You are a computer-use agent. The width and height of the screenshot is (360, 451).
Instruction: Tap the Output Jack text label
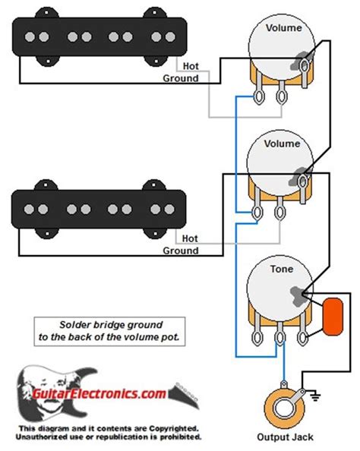[286, 437]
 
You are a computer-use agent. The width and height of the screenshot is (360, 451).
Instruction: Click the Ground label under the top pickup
[181, 78]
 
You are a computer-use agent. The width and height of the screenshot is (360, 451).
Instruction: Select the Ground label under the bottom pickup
[181, 251]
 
